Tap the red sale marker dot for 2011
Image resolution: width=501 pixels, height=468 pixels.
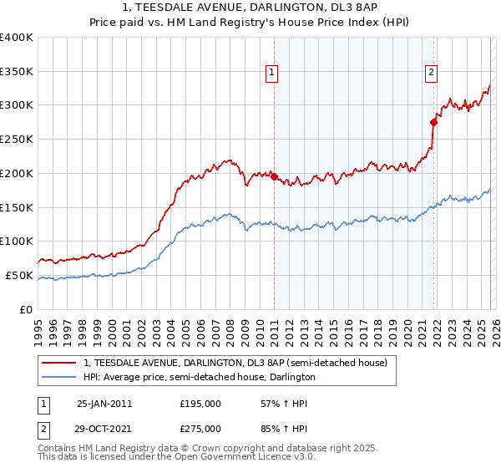click(x=275, y=176)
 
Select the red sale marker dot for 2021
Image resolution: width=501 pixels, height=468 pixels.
click(x=433, y=122)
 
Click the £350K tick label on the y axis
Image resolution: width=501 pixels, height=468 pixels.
click(x=17, y=71)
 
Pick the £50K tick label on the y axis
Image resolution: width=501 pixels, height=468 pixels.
click(x=20, y=275)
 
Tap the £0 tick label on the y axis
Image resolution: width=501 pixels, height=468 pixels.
click(x=27, y=309)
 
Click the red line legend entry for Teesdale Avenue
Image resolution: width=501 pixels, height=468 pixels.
click(x=235, y=364)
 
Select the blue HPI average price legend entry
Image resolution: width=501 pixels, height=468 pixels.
click(x=199, y=378)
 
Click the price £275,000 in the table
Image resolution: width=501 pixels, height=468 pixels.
click(x=200, y=429)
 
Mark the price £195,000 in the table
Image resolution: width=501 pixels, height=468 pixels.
click(x=200, y=404)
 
